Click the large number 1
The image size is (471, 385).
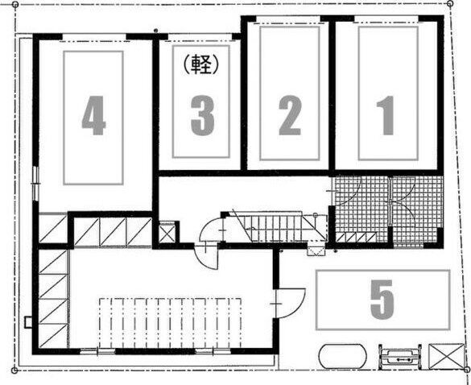(386, 115)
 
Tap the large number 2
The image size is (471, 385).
(290, 115)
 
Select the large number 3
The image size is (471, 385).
(203, 115)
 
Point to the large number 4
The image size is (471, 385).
(93, 115)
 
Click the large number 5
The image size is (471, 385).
(382, 300)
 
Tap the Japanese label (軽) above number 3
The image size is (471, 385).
(200, 64)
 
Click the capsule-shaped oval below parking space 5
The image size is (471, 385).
(342, 356)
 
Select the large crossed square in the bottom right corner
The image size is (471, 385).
(447, 356)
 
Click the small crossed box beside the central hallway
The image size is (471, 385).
(167, 233)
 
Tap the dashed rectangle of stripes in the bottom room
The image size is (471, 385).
(170, 323)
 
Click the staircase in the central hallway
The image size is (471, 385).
(278, 227)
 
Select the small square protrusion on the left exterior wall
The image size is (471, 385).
(28, 322)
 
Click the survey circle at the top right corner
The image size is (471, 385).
(450, 3)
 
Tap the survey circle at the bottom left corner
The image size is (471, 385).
(14, 371)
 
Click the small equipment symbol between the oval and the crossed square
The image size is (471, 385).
(399, 356)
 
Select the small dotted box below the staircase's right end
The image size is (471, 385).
(316, 251)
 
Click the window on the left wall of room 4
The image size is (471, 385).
(35, 184)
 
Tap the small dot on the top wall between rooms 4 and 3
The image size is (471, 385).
(155, 31)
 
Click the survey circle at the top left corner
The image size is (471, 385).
(15, 5)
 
